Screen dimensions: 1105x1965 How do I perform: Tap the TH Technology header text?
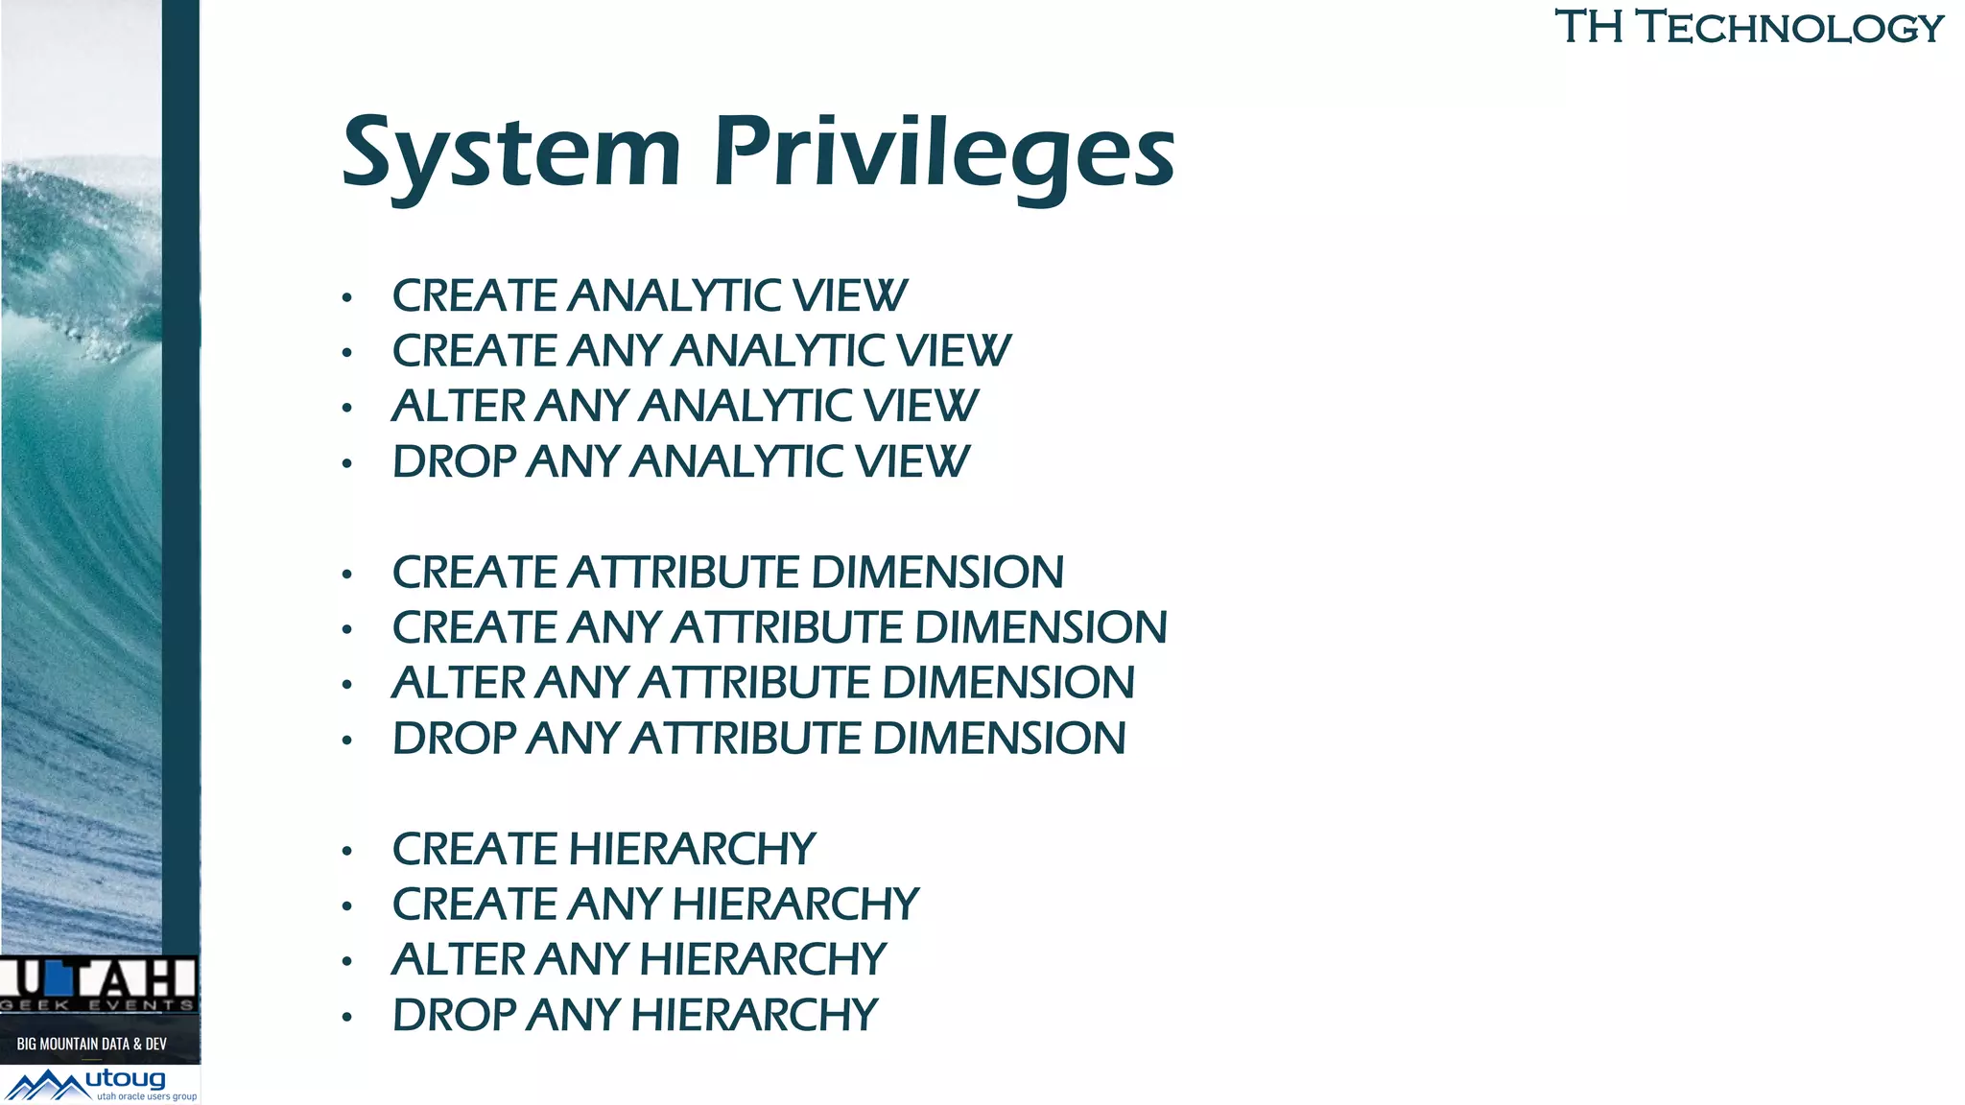pos(1748,27)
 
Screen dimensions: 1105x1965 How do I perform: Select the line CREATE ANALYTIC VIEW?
pos(649,295)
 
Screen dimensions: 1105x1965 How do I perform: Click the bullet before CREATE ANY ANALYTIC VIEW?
pos(347,353)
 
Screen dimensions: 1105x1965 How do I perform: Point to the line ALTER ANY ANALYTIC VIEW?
pos(684,406)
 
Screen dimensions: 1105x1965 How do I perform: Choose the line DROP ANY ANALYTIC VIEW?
pos(680,461)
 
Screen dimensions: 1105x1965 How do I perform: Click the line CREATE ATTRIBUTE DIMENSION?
pos(727,573)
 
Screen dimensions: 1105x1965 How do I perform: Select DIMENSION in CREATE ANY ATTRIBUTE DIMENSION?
pos(1041,627)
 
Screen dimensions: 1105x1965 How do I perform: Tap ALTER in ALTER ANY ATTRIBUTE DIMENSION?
pos(459,683)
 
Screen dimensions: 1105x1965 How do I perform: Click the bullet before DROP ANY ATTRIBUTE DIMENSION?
pos(347,741)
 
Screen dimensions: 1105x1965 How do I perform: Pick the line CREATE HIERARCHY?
pos(604,849)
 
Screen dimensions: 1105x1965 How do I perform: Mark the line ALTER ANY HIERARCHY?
pos(639,959)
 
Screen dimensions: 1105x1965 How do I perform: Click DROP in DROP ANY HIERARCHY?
pos(454,1015)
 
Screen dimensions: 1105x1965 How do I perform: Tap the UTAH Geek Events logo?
pos(98,983)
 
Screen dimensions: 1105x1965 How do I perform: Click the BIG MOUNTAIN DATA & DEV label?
pos(92,1044)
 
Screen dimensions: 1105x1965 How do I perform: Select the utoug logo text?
pos(126,1079)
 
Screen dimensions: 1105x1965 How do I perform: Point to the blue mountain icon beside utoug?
pos(46,1086)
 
